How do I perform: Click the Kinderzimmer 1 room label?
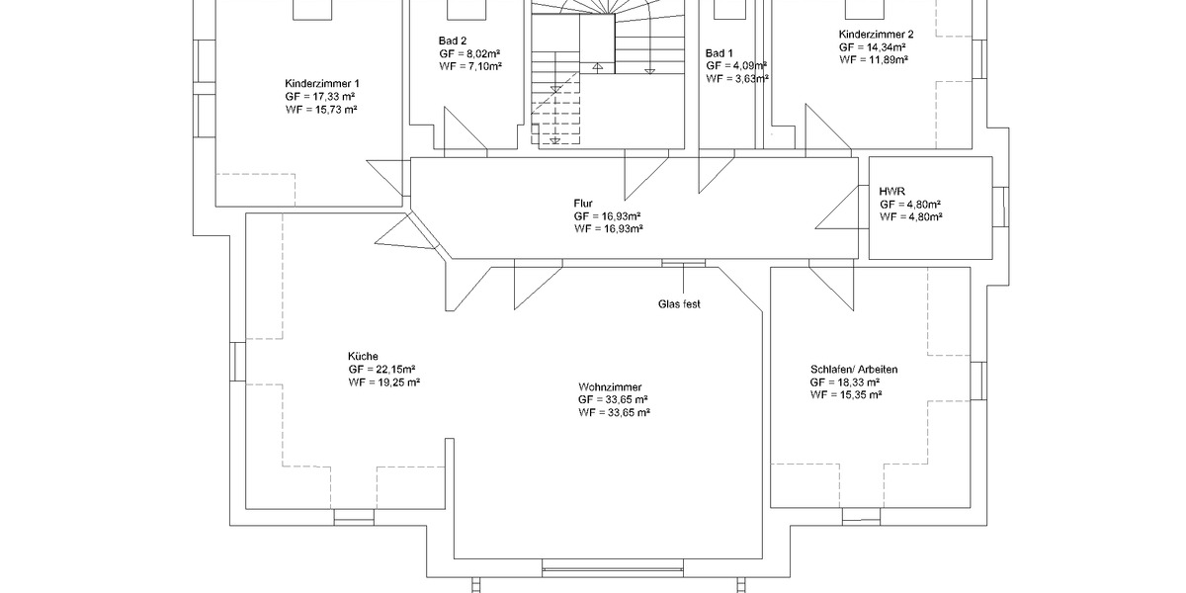coord(322,83)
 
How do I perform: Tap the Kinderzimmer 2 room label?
coord(884,34)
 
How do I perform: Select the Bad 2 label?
coord(454,40)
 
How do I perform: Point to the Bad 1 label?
coord(720,52)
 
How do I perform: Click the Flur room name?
coord(583,202)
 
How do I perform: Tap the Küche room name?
coord(363,357)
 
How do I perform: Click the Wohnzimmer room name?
coord(611,386)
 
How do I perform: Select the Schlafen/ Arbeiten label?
coord(854,369)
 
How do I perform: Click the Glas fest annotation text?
coord(679,304)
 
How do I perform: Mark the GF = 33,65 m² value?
coord(614,399)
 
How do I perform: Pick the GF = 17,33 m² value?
coord(321,96)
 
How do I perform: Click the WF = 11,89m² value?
coord(874,59)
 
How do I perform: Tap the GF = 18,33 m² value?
coord(845,381)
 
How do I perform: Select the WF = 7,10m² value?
coord(471,65)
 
